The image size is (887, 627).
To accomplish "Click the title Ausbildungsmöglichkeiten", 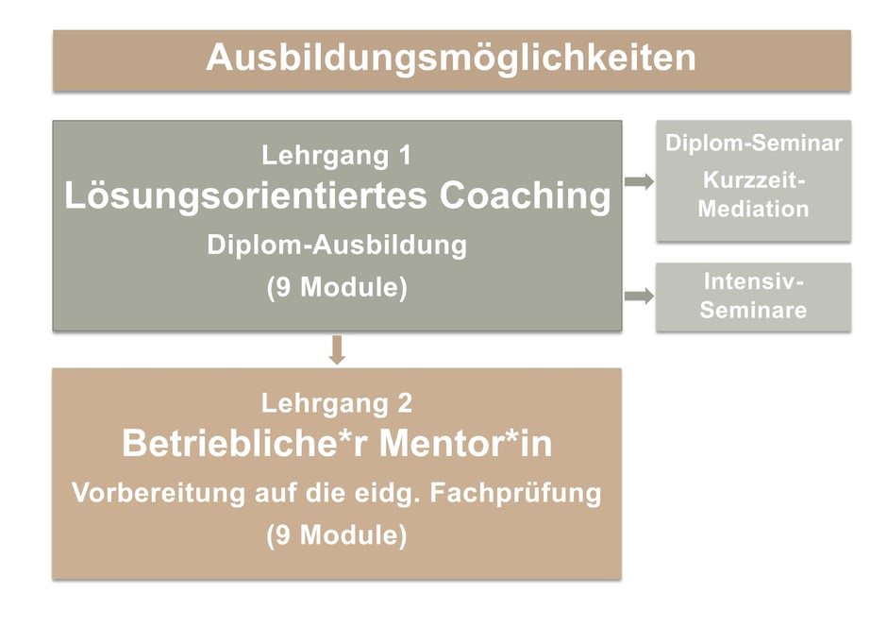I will point(451,58).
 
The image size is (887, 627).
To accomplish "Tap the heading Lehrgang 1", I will point(337,155).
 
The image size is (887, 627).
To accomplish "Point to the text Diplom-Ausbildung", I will point(337,246).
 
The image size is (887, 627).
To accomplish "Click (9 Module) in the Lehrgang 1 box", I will point(337,288).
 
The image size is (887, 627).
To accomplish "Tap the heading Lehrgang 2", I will point(337,404).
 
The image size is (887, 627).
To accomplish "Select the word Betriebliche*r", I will point(228,444).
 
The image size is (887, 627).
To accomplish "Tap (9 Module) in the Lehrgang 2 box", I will point(337,535).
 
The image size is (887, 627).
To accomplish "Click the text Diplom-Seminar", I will point(753,144).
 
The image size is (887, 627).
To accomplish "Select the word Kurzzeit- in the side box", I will point(753,179).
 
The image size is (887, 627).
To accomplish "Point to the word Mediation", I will point(753,208).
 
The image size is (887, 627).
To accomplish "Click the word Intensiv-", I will point(753,281).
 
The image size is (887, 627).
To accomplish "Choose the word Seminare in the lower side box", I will point(753,310).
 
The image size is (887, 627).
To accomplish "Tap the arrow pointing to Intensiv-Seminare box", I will point(639,297).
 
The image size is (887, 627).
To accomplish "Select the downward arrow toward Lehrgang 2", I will point(338,349).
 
